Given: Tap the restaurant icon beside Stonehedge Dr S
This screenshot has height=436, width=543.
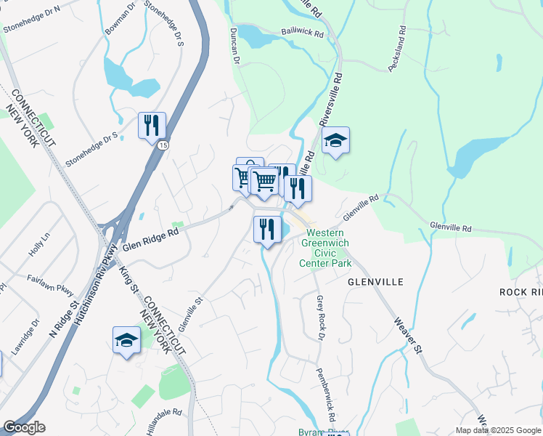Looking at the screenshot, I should [x=152, y=125].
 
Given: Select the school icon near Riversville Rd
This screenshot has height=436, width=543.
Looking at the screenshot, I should [x=335, y=140].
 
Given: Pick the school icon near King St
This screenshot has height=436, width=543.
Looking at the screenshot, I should [x=126, y=339].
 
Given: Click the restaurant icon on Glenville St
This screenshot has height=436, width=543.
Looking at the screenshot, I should [x=267, y=230].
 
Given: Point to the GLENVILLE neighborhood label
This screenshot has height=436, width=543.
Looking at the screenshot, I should [x=375, y=280].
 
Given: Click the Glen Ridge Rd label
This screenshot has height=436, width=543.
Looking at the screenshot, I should [x=150, y=241].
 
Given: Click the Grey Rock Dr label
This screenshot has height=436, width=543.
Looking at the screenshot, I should [x=319, y=318].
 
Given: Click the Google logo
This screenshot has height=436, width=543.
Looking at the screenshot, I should [x=24, y=427].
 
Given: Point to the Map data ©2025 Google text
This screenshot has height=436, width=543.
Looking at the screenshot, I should [x=497, y=430].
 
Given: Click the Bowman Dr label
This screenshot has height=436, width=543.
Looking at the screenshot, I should [x=120, y=18].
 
